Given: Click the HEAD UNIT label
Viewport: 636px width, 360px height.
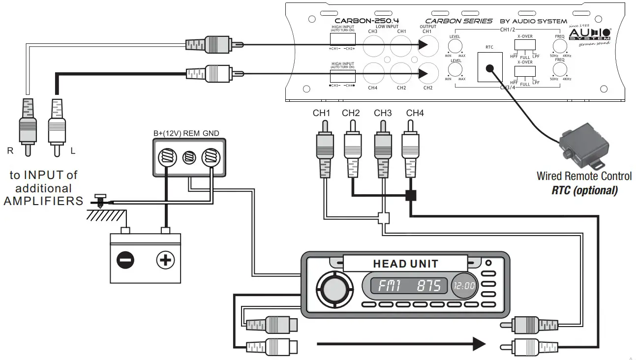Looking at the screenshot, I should coord(405,264).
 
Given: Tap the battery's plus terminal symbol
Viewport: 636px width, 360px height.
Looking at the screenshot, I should coord(165,259).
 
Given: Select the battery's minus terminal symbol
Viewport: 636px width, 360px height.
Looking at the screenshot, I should coord(124,259).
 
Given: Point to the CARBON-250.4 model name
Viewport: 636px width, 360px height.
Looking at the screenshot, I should coord(366,21).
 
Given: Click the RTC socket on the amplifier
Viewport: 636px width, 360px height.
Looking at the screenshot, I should coord(489,68).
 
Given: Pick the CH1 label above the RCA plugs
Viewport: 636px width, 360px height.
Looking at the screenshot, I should coord(321,113).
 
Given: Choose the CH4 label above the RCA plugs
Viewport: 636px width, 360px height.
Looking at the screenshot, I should coord(415,113).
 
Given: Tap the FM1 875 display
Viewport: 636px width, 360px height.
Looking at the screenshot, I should coord(405,286).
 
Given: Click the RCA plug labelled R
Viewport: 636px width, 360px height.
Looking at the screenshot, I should coord(27,125).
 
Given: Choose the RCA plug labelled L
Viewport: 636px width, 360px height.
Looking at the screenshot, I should coord(57,125).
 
